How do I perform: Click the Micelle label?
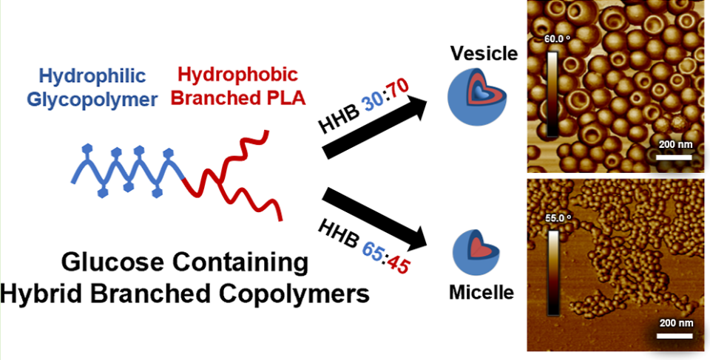(x=481, y=293)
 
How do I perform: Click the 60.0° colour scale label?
(x=556, y=39)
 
